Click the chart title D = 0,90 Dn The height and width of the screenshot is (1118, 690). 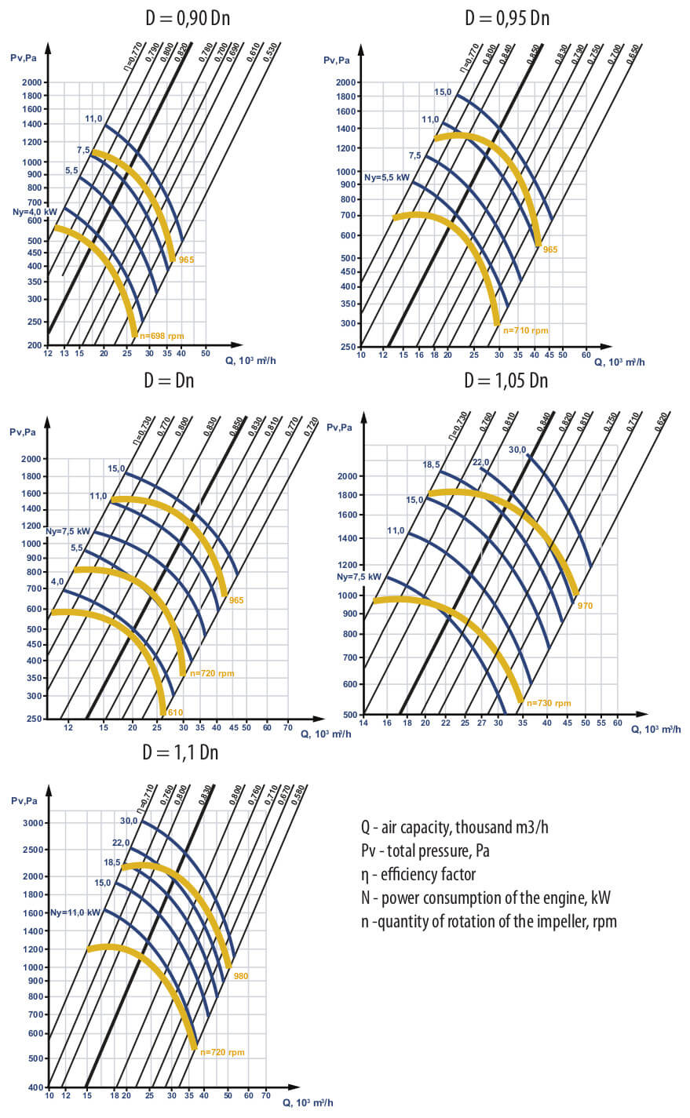188,17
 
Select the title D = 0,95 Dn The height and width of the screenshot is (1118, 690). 507,17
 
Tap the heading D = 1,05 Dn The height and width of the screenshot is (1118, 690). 506,381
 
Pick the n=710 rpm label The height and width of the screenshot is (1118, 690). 525,330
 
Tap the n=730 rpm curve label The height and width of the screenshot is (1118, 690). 549,703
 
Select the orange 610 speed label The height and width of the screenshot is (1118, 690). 176,712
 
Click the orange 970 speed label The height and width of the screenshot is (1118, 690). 585,606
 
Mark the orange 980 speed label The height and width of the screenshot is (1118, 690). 240,976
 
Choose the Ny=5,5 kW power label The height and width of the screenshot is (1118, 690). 387,177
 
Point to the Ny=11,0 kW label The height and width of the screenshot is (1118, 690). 75,912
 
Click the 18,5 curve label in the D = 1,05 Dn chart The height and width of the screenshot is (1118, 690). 431,464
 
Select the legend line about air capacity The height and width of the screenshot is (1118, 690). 455,827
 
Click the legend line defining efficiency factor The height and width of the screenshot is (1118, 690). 418,874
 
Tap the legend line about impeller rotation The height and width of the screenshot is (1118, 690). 488,921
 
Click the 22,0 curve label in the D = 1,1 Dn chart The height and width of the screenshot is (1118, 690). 121,843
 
